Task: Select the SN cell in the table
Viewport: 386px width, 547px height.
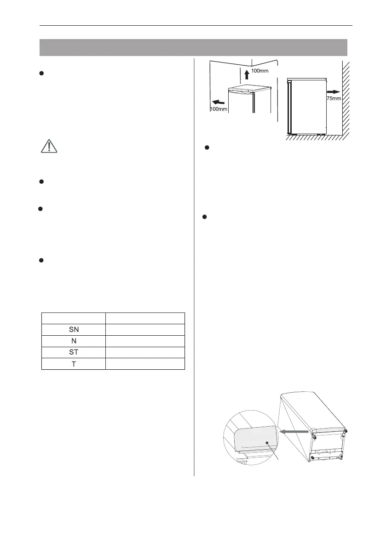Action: pyautogui.click(x=74, y=330)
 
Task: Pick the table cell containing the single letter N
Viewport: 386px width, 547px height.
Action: pyautogui.click(x=74, y=341)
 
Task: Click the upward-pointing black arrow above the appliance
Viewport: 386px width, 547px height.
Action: pyautogui.click(x=247, y=74)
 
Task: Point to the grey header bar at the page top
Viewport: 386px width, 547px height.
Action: pyautogui.click(x=193, y=47)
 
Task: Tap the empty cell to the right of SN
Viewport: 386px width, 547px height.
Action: pyautogui.click(x=145, y=330)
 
